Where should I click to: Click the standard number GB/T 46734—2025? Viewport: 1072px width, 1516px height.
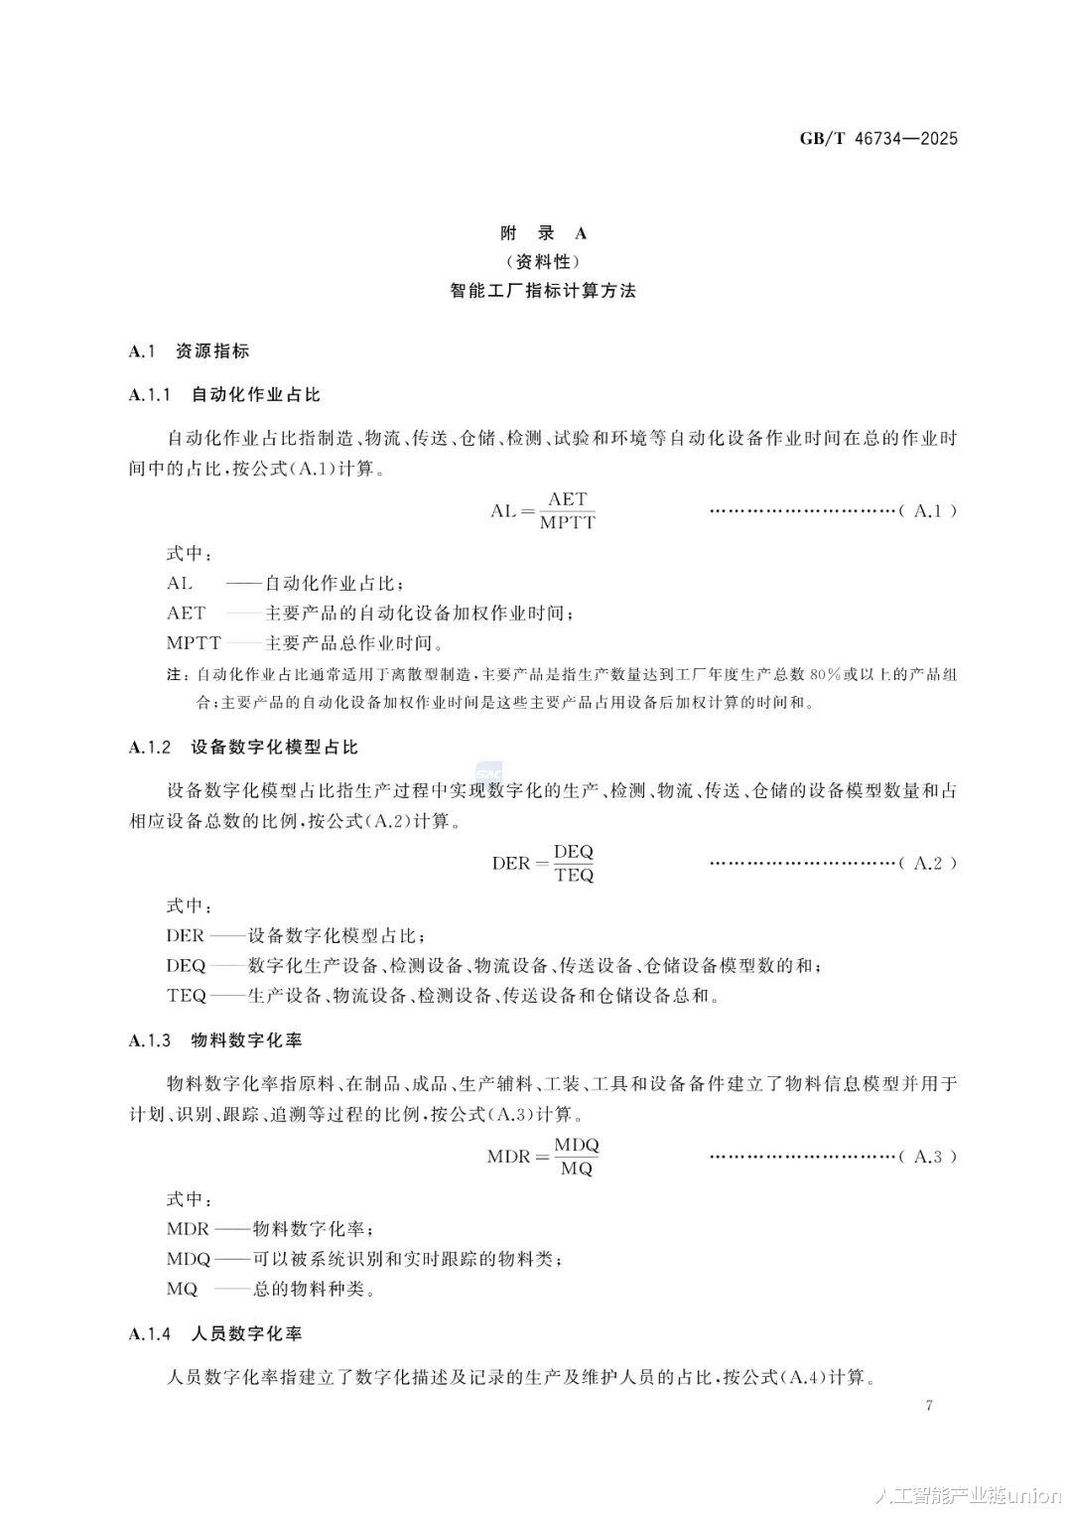click(x=878, y=139)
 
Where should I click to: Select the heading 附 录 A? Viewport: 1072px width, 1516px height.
click(x=542, y=233)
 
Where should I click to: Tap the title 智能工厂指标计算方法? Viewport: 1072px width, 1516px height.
click(x=542, y=291)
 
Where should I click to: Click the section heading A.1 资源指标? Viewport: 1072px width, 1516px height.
click(x=189, y=350)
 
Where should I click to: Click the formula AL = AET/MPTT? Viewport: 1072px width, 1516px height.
click(x=542, y=510)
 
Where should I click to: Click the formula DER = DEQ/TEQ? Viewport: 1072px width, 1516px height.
click(x=542, y=863)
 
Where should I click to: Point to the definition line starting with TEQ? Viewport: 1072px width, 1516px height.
click(x=442, y=995)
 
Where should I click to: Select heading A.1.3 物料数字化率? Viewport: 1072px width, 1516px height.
click(x=215, y=1040)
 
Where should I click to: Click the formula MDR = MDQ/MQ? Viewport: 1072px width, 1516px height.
click(x=542, y=1157)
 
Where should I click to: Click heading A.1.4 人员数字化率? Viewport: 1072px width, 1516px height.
click(x=215, y=1332)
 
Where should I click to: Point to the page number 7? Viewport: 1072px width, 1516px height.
click(x=929, y=1405)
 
